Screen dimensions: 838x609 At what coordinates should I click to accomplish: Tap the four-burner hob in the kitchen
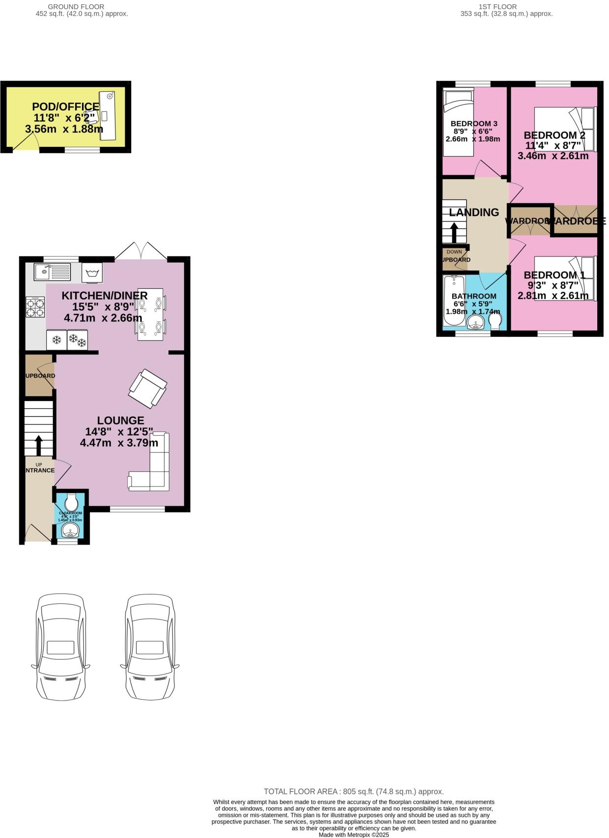pyautogui.click(x=35, y=307)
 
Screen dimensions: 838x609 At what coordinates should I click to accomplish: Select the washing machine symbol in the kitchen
pyautogui.click(x=92, y=273)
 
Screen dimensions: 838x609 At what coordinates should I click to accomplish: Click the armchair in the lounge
pyautogui.click(x=148, y=388)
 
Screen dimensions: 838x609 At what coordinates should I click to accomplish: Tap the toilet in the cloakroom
pyautogui.click(x=72, y=502)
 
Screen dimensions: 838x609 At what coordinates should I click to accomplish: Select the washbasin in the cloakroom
pyautogui.click(x=69, y=531)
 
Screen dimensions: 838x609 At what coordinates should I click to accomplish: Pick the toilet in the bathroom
pyautogui.click(x=495, y=321)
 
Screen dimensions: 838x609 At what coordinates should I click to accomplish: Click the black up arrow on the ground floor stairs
pyautogui.click(x=38, y=445)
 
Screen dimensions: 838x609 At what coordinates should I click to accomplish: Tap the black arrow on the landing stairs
pyautogui.click(x=454, y=233)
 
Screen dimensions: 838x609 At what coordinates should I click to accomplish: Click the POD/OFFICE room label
pyautogui.click(x=65, y=107)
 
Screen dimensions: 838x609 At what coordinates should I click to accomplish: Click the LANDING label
pyautogui.click(x=474, y=212)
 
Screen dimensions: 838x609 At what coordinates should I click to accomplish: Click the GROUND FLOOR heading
pyautogui.click(x=76, y=7)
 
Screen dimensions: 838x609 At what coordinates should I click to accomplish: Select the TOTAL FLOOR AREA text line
pyautogui.click(x=354, y=791)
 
